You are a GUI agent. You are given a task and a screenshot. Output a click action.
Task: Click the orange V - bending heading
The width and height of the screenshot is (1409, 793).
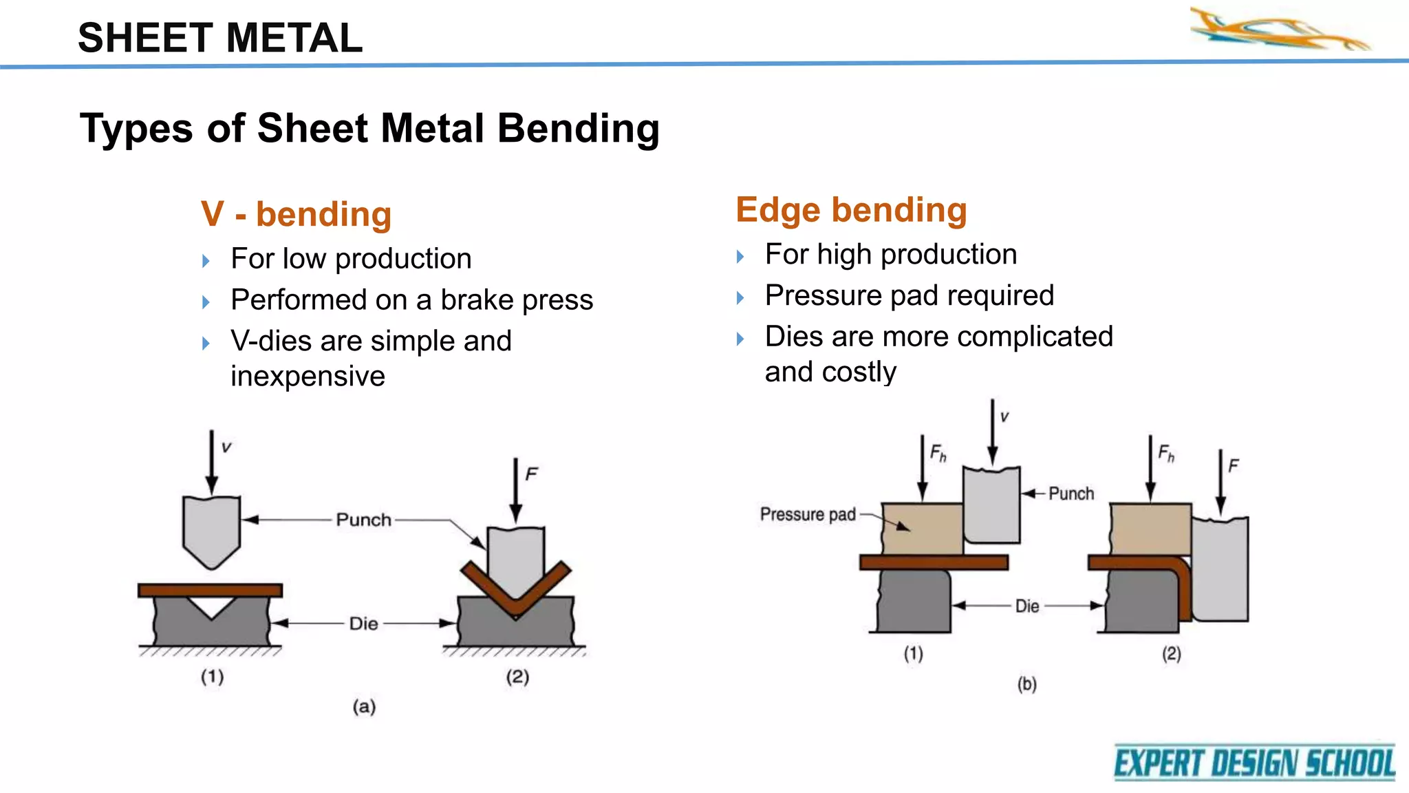click(x=296, y=214)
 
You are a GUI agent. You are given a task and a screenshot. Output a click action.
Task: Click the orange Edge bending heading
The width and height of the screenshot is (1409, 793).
click(x=851, y=210)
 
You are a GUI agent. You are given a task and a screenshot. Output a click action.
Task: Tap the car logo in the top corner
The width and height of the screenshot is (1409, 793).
click(x=1279, y=31)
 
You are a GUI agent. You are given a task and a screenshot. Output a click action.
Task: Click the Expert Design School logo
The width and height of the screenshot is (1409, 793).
click(x=1254, y=763)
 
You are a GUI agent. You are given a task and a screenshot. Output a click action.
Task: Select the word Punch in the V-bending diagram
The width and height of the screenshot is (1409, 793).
click(x=363, y=520)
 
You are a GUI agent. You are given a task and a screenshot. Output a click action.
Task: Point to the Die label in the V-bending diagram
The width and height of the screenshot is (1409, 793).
click(x=363, y=624)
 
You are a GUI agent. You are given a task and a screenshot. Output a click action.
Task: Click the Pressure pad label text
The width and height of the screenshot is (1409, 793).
click(x=808, y=514)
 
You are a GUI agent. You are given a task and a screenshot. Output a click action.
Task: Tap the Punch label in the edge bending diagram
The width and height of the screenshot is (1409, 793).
click(x=1071, y=494)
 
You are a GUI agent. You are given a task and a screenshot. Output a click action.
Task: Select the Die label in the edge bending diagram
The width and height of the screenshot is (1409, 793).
click(x=1026, y=606)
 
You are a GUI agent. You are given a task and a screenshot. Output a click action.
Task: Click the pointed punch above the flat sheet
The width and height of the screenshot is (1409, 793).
click(x=211, y=530)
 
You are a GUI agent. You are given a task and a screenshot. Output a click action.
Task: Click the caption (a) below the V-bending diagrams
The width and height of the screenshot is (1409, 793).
click(x=364, y=706)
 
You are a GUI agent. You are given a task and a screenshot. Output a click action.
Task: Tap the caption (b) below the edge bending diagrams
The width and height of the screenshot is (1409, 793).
click(x=1026, y=684)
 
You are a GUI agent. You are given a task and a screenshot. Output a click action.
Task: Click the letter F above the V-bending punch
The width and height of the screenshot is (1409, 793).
click(x=531, y=474)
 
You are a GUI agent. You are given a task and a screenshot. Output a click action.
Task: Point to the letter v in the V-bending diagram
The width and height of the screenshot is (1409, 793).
click(x=226, y=447)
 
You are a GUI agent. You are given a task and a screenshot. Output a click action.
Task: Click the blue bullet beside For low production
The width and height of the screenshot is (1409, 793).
click(x=206, y=261)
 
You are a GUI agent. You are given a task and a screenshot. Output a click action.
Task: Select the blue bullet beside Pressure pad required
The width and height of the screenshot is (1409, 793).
click(x=740, y=297)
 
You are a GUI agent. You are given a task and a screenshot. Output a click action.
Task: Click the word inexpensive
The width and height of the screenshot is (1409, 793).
click(x=308, y=377)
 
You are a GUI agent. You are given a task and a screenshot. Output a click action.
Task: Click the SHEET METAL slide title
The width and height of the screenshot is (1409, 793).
click(x=220, y=38)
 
